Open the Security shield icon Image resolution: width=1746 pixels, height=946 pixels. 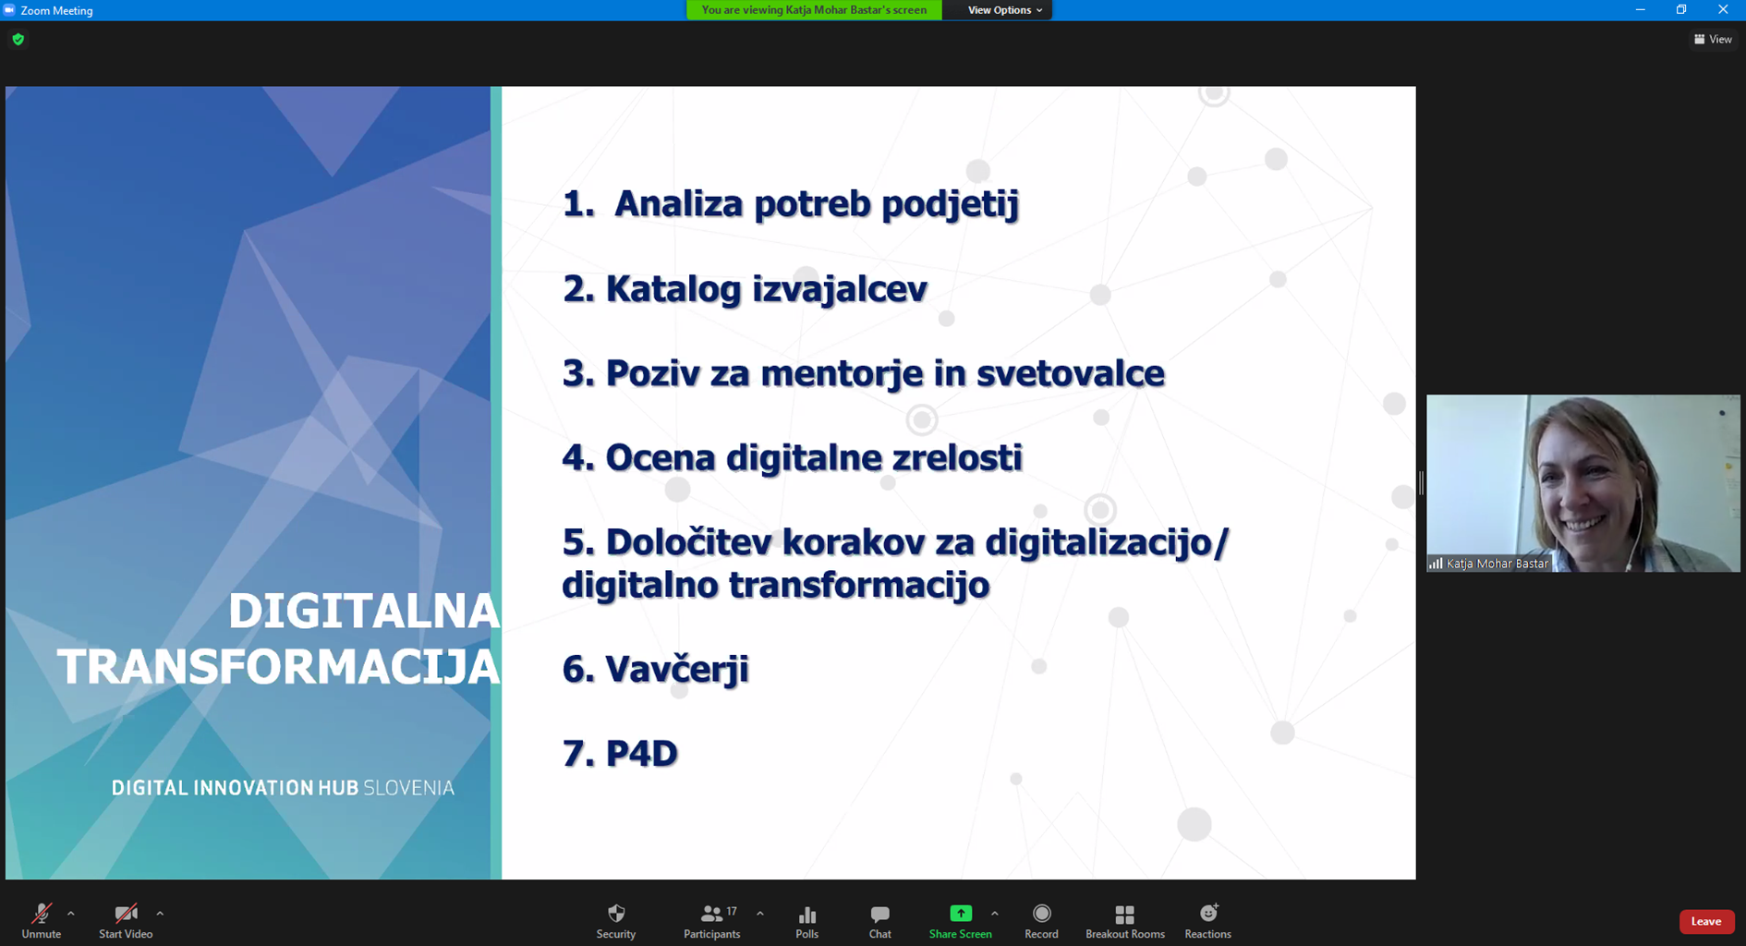[x=616, y=914]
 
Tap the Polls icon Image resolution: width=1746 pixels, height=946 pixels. [x=807, y=915]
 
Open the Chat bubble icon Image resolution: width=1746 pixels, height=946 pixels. [x=880, y=915]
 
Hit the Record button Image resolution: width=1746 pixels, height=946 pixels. [x=1042, y=914]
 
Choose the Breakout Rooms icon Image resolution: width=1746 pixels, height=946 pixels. [x=1125, y=915]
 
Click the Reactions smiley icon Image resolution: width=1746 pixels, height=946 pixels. [x=1208, y=914]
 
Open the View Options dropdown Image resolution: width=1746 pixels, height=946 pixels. [x=1004, y=10]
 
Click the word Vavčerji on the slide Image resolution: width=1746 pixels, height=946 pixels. [x=677, y=669]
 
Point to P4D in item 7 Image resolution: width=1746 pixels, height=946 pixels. [x=642, y=753]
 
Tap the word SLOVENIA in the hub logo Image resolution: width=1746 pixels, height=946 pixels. [x=408, y=788]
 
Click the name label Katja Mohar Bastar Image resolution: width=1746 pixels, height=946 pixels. [x=1497, y=564]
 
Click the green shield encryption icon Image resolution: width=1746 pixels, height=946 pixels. [x=18, y=40]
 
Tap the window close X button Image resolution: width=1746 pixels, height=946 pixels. [x=1723, y=10]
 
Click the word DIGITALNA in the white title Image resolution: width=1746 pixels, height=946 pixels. [x=364, y=612]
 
